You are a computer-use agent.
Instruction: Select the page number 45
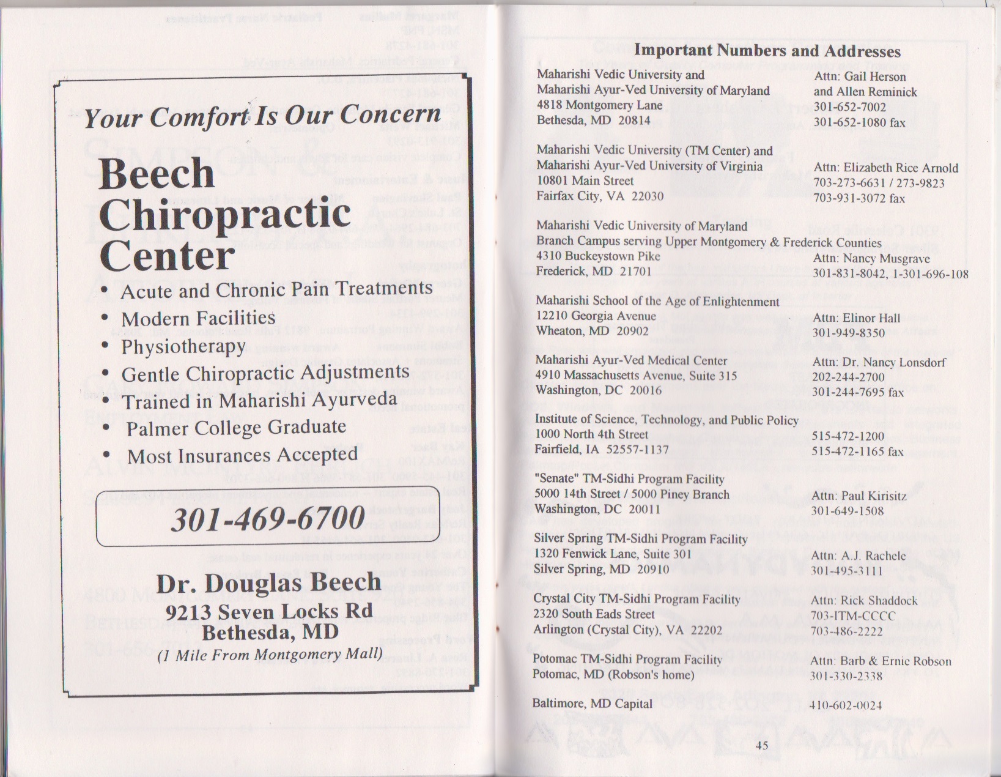point(762,745)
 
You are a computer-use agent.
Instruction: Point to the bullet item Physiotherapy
point(183,347)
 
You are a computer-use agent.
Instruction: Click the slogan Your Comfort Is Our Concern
point(262,116)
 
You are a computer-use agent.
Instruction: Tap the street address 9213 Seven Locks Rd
point(269,611)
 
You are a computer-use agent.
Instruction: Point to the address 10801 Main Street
point(585,180)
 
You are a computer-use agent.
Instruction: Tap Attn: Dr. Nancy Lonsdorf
point(879,362)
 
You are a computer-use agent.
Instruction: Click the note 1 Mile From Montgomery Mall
point(270,655)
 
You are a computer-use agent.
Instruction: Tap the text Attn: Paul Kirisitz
point(859,496)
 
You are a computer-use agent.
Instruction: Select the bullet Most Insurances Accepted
point(242,455)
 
